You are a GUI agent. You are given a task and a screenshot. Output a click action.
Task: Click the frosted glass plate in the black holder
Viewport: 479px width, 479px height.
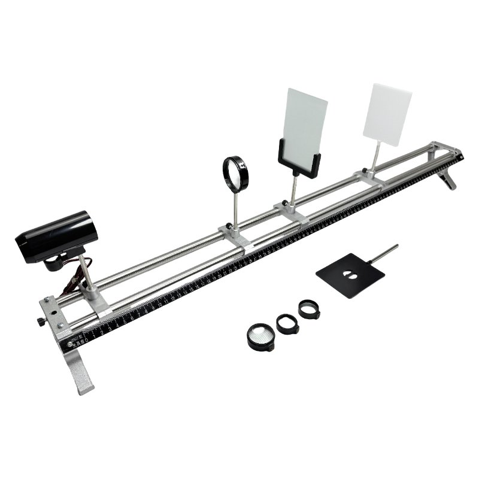[x=306, y=123]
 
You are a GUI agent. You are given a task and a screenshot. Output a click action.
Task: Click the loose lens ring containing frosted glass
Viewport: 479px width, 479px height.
[x=260, y=336]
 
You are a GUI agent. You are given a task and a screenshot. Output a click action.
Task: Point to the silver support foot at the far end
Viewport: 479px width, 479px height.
[x=448, y=178]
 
